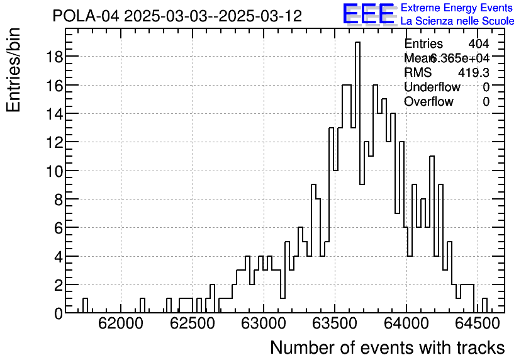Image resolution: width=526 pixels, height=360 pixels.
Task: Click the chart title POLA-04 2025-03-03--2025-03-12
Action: [177, 16]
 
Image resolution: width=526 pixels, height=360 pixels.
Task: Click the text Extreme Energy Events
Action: [457, 8]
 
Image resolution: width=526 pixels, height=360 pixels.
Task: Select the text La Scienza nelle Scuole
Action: [457, 21]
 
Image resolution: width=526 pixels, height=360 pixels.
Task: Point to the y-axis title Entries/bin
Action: [14, 70]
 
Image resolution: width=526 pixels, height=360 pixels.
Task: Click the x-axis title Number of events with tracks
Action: [387, 347]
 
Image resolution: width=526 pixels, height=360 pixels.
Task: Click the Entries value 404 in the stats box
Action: [478, 43]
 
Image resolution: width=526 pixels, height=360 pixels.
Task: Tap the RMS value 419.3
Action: [473, 72]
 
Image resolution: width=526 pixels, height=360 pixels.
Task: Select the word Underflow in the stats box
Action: [432, 87]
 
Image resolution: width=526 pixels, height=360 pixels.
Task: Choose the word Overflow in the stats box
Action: [428, 101]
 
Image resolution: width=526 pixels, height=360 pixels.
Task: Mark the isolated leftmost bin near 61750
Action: [85, 306]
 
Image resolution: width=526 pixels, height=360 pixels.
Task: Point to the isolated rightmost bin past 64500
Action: [484, 306]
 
